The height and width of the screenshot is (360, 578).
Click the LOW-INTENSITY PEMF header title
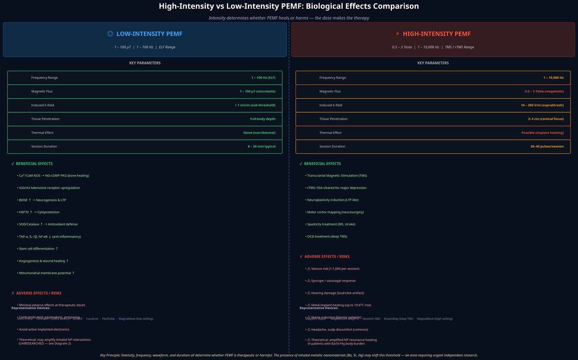point(149,34)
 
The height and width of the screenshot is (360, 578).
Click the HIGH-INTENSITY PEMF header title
point(437,34)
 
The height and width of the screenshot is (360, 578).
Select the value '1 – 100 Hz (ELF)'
point(263,77)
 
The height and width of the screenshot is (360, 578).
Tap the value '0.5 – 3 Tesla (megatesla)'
point(544,91)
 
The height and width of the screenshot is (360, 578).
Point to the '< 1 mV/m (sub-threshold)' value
point(255,105)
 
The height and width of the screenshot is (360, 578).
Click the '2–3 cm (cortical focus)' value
point(546,119)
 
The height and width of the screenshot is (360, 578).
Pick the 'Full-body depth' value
point(262,119)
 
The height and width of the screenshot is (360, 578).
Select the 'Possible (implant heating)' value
point(543,133)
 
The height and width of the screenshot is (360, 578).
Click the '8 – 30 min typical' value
point(261,147)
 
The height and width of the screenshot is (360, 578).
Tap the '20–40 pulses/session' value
point(547,147)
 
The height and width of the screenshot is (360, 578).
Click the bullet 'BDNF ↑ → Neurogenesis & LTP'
point(42,200)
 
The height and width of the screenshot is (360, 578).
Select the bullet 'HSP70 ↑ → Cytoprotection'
point(43,212)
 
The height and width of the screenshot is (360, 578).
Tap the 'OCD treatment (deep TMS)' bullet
point(327,236)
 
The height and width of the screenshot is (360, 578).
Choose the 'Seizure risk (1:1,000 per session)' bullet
point(335,269)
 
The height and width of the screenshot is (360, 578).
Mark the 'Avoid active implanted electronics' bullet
point(44,329)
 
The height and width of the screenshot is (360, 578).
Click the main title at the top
point(289,6)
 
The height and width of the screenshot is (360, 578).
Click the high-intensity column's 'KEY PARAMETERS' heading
point(433,63)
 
